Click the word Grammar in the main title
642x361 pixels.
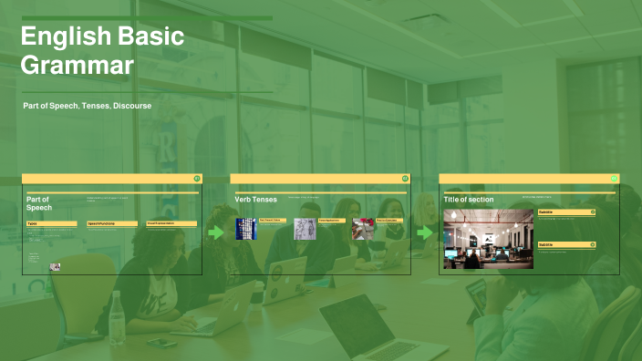click(78, 66)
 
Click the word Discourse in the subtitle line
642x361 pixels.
click(132, 107)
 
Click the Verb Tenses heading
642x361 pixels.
click(255, 199)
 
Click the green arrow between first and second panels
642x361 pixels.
click(216, 232)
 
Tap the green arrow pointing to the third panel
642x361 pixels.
click(424, 232)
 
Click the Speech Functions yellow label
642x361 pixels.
click(109, 223)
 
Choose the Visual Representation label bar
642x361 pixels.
click(171, 223)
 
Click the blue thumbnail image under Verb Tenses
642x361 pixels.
click(246, 229)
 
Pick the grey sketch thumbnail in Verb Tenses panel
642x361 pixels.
click(305, 229)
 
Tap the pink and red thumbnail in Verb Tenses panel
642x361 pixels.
click(363, 229)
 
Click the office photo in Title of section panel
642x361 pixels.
click(488, 240)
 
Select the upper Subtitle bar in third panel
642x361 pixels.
click(566, 211)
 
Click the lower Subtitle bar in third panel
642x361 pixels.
click(566, 244)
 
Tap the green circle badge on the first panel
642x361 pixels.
click(197, 179)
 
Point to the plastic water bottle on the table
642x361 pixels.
click(117, 315)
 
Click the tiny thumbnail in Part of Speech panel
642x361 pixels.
click(56, 267)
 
